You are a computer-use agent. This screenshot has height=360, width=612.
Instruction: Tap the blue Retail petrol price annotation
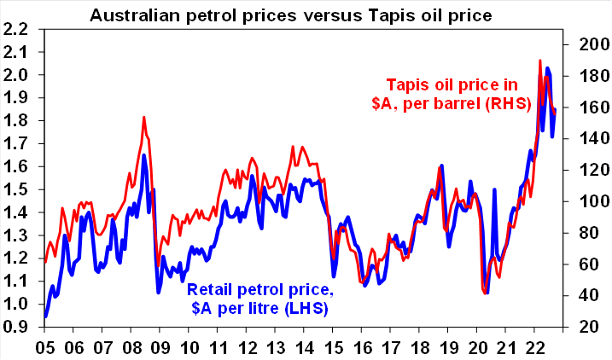[258, 298]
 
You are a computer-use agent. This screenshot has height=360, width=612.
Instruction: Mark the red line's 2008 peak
[144, 117]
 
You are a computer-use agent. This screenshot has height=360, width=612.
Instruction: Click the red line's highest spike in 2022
[540, 61]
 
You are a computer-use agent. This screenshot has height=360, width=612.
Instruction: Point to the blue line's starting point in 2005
[45, 316]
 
